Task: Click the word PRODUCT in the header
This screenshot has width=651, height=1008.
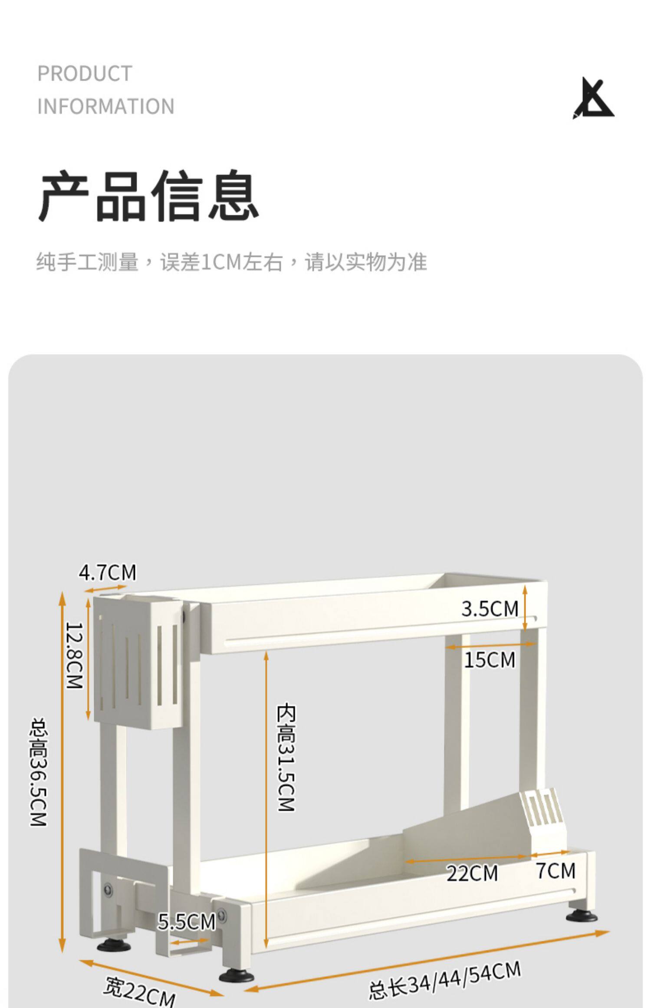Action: coord(85,74)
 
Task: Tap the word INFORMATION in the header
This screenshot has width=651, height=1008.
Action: coord(106,106)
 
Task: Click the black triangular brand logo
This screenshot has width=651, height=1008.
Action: coord(592,99)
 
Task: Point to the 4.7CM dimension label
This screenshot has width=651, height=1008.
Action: coord(107,572)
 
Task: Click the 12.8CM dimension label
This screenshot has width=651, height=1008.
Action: coord(74,655)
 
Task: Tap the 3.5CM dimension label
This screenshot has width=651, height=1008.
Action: coord(490,609)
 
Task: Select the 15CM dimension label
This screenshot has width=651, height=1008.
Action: coord(490,660)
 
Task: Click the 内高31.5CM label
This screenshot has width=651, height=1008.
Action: coord(286,758)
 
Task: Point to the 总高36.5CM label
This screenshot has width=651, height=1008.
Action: coord(39,772)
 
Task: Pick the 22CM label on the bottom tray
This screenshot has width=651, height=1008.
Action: coord(472,873)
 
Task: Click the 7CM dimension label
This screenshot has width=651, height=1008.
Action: coord(556,870)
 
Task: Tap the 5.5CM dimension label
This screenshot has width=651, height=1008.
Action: coord(186,922)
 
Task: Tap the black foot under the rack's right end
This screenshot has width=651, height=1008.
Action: coord(581,916)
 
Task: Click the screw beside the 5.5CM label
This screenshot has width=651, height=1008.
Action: coord(222,916)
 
